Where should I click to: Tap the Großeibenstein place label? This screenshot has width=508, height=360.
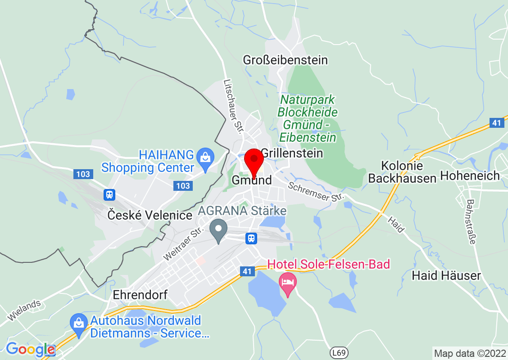pos(285,60)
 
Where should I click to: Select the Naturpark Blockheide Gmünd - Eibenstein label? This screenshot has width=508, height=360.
pos(307,118)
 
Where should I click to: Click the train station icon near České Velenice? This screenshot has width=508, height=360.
pos(109,195)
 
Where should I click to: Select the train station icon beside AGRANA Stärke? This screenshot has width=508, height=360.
pos(251,238)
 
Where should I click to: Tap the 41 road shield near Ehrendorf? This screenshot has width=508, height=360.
pos(246,271)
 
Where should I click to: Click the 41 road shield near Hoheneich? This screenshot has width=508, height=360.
pos(497,123)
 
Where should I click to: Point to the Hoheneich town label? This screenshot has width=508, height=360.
pos(470,175)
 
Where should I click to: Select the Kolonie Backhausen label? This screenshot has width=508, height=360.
pos(402,172)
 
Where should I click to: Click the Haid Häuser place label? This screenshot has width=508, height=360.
pos(446,275)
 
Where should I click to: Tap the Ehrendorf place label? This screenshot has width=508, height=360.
pos(140,295)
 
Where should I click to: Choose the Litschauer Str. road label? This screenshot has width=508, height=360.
pos(233,107)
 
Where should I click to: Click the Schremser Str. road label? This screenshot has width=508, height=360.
pos(316,191)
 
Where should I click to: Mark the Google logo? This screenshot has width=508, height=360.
pos(30,349)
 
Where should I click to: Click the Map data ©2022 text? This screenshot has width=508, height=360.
pos(469,353)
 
